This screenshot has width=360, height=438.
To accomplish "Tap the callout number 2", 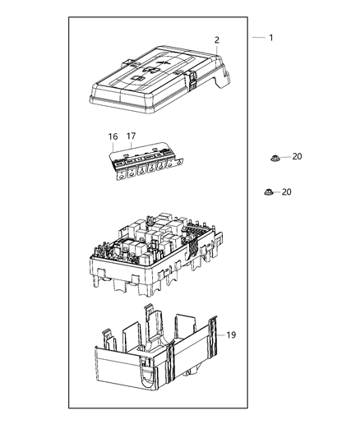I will click(217, 39).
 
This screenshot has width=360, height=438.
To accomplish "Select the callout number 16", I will click(113, 136).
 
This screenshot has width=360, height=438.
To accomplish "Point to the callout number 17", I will click(130, 136).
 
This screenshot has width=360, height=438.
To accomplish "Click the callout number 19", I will click(232, 334).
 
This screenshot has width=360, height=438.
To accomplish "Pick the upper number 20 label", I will click(297, 156).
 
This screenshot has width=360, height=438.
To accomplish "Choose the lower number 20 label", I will click(285, 191).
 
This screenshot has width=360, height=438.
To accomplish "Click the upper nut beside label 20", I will click(275, 157).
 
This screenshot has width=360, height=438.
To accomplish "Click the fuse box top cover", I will click(156, 82).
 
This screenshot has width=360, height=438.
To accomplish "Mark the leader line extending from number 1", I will click(258, 38).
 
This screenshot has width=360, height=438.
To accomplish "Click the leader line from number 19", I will click(220, 334).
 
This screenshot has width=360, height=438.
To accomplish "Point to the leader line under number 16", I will click(113, 146).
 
